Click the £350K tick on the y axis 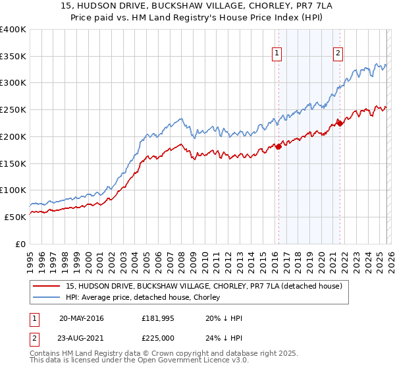click(x=13, y=56)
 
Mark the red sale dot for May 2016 click(x=278, y=146)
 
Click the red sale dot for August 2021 click(x=340, y=123)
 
